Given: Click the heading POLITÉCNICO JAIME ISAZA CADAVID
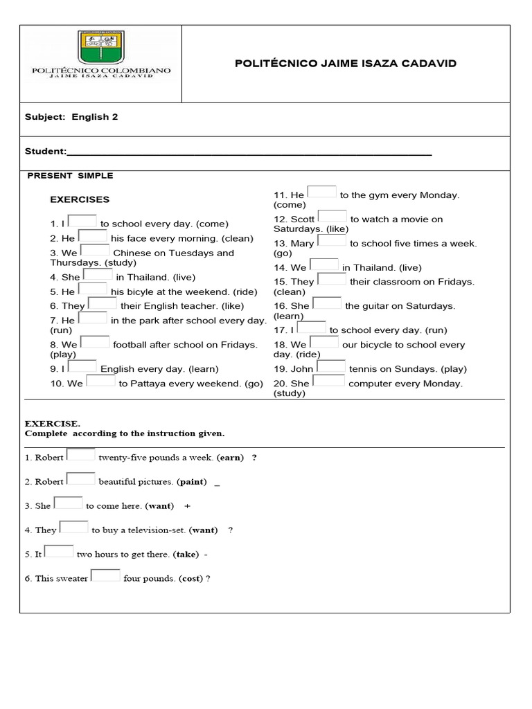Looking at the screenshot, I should tap(346, 64).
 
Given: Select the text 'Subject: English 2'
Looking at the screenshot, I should tap(71, 117).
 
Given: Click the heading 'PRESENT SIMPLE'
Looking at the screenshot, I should tap(70, 176).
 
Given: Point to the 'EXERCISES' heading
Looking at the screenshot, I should tap(80, 199).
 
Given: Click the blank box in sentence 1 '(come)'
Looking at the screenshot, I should tap(82, 221).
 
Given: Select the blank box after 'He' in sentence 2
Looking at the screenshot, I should tap(93, 235).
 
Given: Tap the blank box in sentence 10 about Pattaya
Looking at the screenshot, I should tap(100, 380).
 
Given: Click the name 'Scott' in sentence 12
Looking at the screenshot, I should tap(303, 219).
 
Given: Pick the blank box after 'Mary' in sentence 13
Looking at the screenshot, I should tap(332, 240).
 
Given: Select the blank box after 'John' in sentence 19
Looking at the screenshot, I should tap(331, 366).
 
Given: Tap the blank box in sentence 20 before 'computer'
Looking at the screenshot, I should tap(328, 380).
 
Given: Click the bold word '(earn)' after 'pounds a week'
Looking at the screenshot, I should tap(231, 458).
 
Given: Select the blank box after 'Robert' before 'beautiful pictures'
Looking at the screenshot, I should tap(80, 478).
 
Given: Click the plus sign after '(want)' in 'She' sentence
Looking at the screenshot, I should tap(188, 505).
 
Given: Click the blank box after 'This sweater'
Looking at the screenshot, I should tap(105, 575).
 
